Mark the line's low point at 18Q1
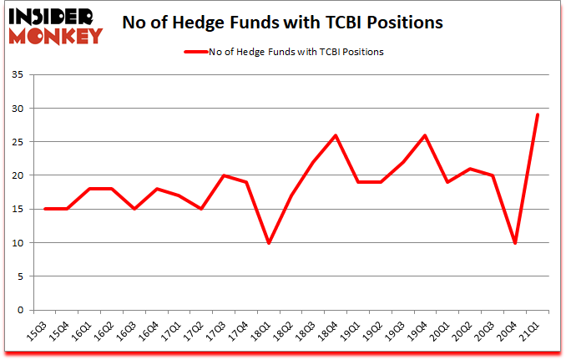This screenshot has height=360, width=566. tap(269, 243)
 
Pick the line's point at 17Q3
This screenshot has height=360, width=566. tap(222, 175)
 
